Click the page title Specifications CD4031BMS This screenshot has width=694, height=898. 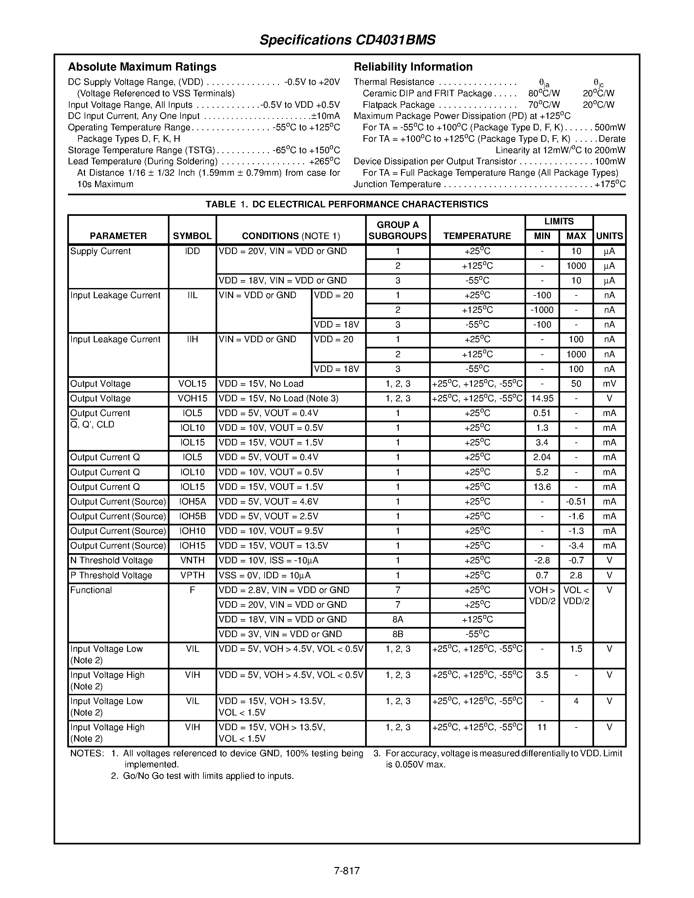347,40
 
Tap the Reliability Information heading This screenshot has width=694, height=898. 413,67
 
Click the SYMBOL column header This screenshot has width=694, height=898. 192,236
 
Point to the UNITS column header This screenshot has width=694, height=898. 609,236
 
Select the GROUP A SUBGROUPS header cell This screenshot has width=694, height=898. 397,230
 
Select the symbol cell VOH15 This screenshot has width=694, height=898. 192,398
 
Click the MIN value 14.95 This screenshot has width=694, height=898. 542,398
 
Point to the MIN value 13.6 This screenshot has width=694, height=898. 542,487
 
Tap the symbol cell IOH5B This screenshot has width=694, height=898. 192,517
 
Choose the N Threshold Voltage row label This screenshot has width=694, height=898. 111,560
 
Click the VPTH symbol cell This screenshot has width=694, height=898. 192,575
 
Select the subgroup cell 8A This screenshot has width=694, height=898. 397,620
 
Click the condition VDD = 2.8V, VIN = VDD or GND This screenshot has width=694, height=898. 284,590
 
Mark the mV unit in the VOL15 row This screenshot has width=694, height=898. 609,384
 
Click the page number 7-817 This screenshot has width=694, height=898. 347,871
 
